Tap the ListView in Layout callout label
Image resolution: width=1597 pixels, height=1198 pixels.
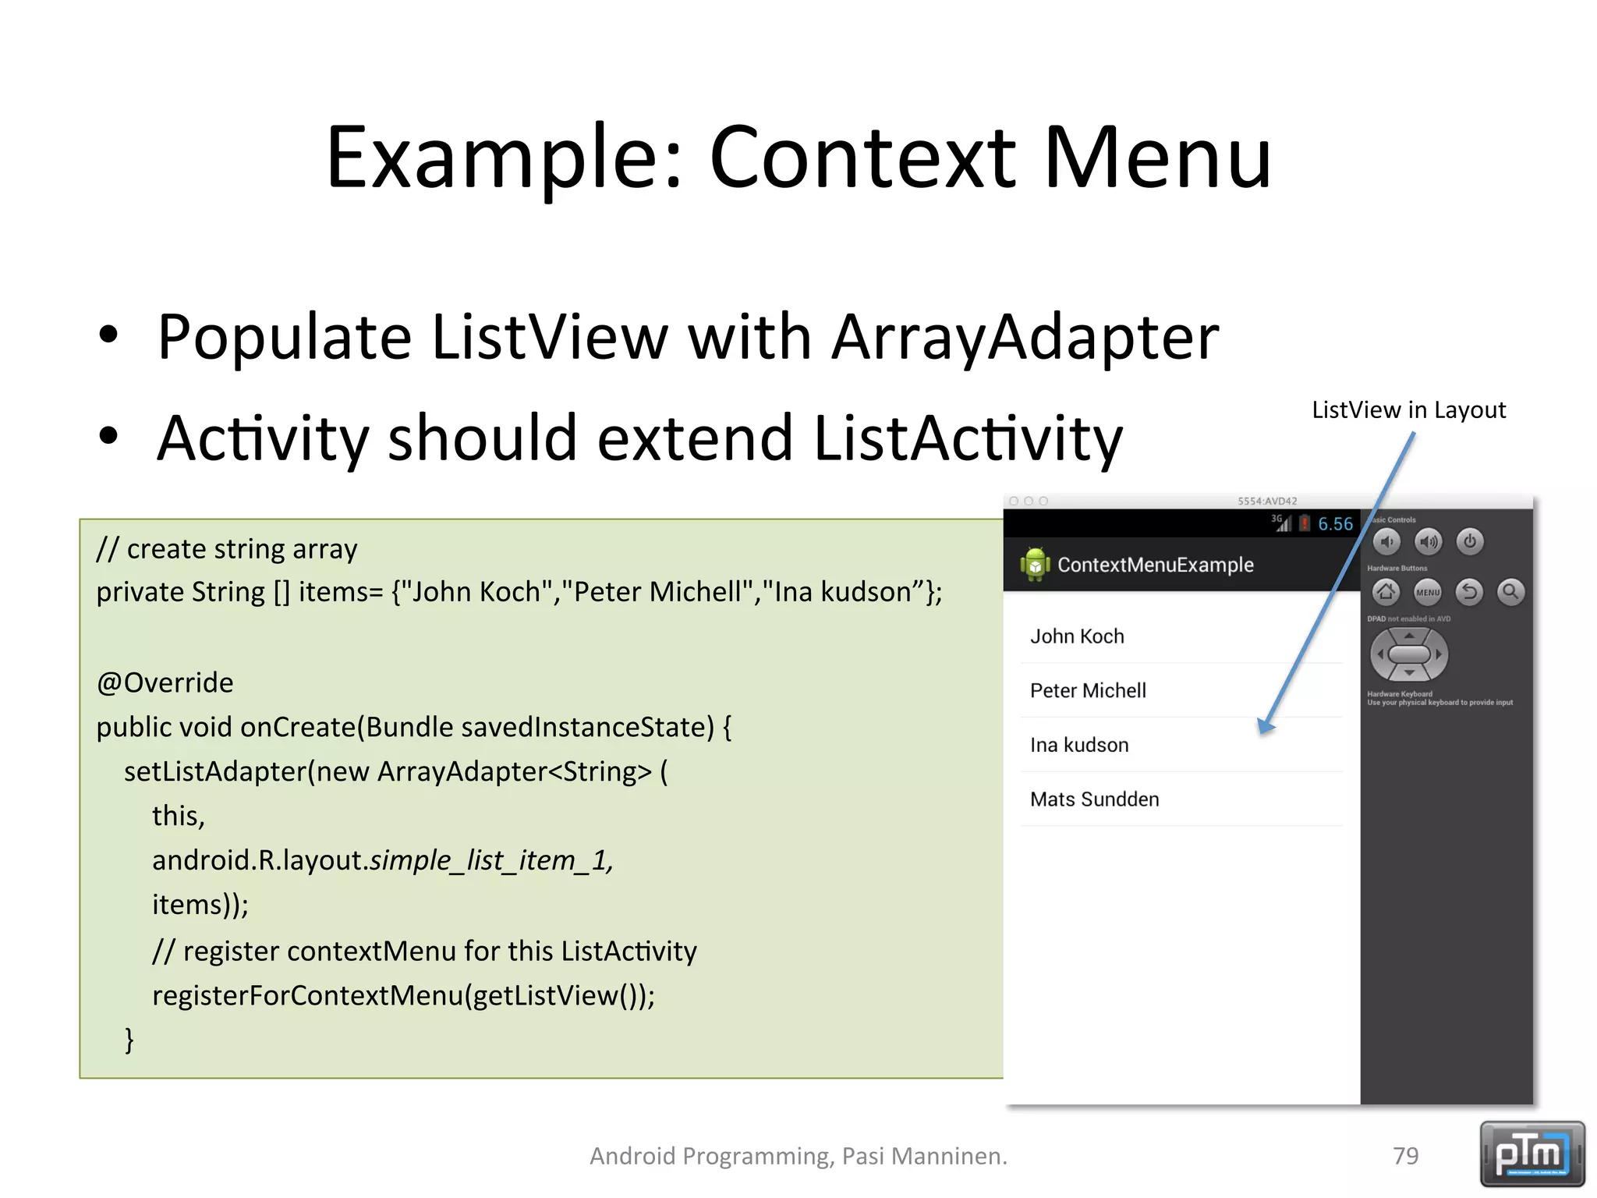point(1408,410)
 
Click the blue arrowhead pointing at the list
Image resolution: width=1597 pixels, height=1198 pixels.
point(1266,726)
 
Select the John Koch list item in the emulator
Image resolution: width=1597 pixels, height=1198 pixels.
point(1077,636)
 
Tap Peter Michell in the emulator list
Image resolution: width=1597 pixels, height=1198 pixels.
point(1088,691)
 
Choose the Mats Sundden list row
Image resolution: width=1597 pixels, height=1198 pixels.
point(1094,799)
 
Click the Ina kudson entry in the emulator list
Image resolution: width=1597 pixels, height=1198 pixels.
point(1079,746)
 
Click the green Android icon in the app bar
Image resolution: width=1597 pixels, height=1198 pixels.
point(1034,564)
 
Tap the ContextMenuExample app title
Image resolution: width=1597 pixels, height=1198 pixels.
point(1155,565)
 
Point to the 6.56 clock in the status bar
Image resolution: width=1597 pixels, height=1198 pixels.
point(1335,524)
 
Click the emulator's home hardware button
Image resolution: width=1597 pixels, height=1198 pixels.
point(1386,592)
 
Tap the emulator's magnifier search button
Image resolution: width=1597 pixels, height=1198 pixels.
point(1510,592)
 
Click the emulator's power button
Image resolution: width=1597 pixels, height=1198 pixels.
point(1469,541)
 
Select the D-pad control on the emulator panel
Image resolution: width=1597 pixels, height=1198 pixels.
point(1408,654)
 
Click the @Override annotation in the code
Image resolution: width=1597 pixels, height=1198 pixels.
point(165,683)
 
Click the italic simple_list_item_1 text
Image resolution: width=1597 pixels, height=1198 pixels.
point(491,860)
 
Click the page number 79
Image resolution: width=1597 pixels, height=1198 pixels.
point(1405,1156)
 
